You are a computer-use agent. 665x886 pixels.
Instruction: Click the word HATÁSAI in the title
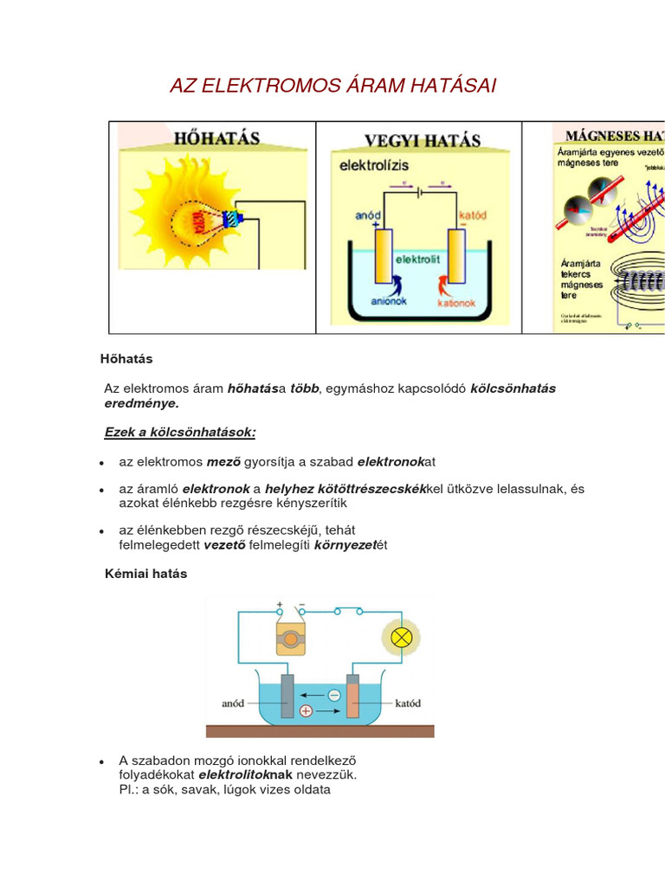tap(442, 87)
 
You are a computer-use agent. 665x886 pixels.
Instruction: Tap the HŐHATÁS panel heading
tap(216, 138)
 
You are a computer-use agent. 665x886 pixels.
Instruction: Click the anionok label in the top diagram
tap(389, 302)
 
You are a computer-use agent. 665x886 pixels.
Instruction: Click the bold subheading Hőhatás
tap(126, 358)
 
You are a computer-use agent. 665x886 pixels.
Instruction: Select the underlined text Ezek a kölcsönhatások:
tap(180, 431)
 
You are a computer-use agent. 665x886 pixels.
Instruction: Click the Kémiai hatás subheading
tap(145, 574)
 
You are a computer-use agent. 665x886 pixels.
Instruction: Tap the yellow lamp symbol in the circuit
tap(401, 639)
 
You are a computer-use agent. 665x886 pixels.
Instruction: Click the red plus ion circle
tap(306, 710)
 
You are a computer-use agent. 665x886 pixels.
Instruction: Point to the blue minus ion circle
tap(333, 694)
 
